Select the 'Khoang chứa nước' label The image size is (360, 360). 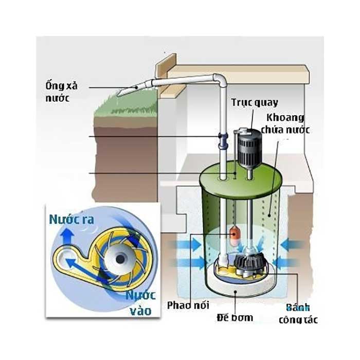coord(285,124)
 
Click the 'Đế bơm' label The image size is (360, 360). coord(235,317)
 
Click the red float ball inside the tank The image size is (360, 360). coord(237,234)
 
